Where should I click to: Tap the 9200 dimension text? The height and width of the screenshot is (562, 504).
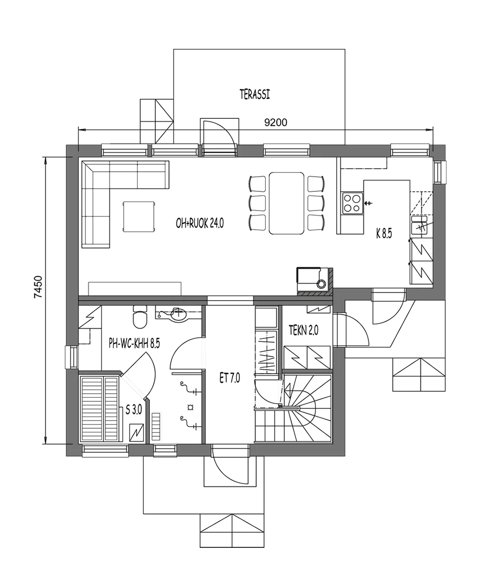(x=276, y=122)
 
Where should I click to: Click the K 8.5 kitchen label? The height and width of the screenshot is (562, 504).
(x=384, y=233)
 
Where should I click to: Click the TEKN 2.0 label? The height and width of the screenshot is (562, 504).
(x=303, y=331)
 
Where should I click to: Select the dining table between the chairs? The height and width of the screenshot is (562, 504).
(x=287, y=203)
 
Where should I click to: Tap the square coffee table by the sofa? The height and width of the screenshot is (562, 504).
(x=138, y=217)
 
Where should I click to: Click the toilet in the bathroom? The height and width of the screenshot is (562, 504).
(x=139, y=316)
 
